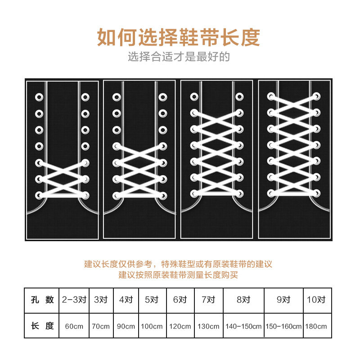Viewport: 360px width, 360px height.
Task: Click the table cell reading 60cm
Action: point(74,326)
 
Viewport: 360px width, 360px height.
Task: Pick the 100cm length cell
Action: point(152,326)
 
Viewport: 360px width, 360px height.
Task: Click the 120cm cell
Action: point(180,326)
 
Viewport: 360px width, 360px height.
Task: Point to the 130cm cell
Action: point(208,326)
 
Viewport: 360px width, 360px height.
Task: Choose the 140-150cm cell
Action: point(243,326)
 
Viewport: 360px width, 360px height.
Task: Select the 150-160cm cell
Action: point(283,326)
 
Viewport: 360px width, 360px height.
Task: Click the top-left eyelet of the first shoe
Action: point(40,97)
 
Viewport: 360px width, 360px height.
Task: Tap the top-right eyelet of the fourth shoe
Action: point(316,96)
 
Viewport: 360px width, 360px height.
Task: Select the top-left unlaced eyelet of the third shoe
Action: point(194,96)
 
